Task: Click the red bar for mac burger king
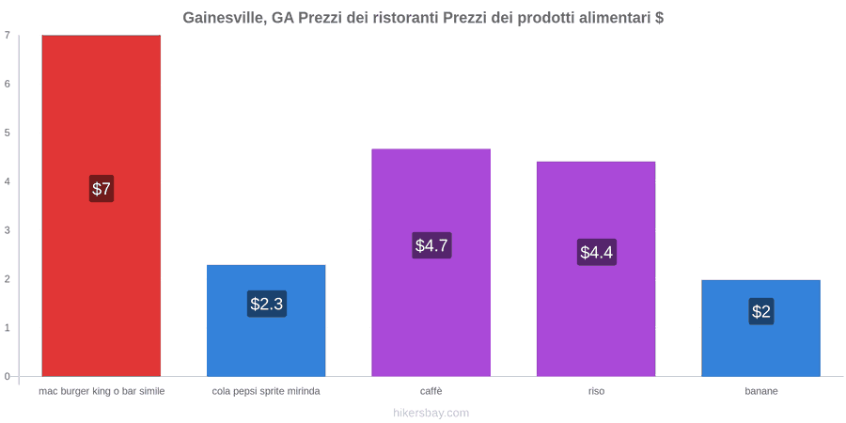102,206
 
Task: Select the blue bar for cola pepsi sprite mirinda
266,321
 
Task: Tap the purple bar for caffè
431,262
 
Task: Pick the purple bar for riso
596,269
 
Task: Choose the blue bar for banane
760,328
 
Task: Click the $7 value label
102,189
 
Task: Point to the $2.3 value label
267,304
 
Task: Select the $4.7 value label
431,245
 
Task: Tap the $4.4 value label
597,252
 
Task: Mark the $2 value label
761,311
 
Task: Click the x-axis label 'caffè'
431,391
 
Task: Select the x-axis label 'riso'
596,391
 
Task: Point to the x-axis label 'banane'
761,391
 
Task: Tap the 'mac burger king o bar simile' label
102,391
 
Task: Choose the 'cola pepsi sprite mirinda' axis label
266,391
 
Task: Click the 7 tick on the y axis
8,35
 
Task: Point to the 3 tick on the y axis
8,230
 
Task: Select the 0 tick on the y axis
8,376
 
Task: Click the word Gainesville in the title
224,18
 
